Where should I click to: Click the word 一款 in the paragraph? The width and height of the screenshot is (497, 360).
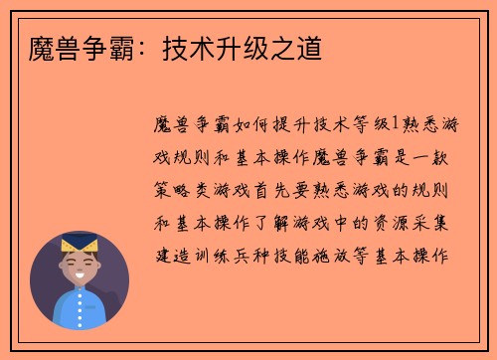[447, 157]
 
